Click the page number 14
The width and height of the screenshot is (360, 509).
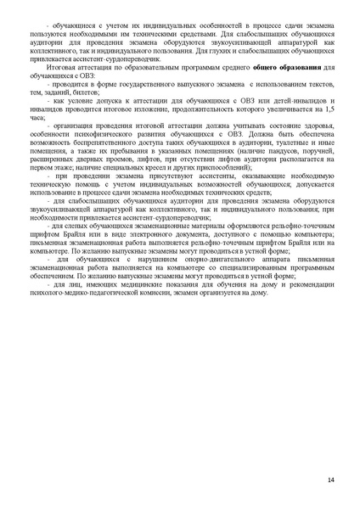(x=330, y=480)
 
